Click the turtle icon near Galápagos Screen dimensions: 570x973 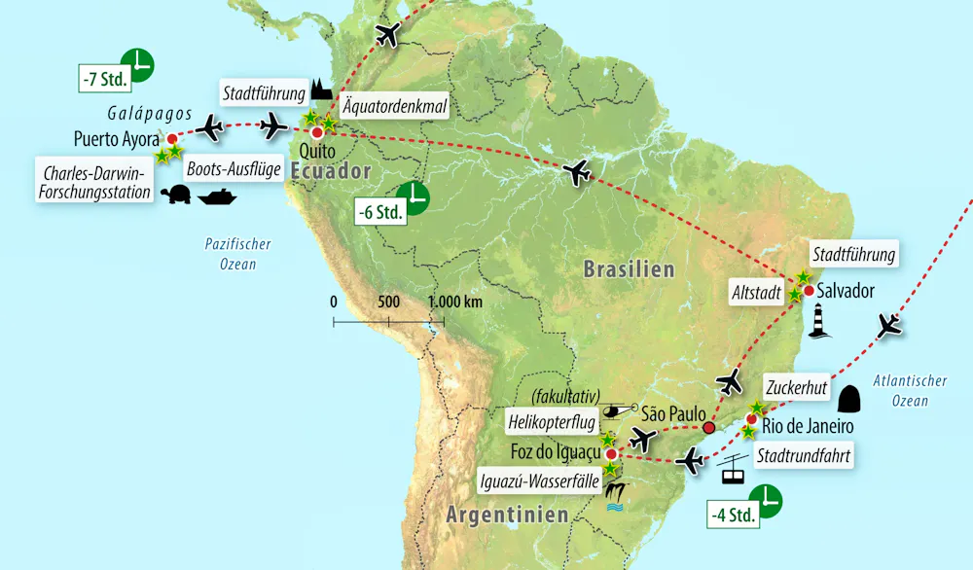[x=175, y=196]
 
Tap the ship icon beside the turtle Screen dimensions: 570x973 [x=217, y=196]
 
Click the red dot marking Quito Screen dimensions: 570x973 [x=316, y=131]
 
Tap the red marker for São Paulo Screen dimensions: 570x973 [x=708, y=427]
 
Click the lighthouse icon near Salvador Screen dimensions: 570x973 [x=818, y=322]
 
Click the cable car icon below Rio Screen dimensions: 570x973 [x=733, y=474]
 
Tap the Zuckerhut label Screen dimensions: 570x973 [x=796, y=388]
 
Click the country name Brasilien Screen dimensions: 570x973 [x=628, y=269]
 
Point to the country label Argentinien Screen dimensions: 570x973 [x=507, y=515]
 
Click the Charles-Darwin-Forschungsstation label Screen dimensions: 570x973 [x=96, y=184]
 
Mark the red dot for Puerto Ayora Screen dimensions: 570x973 [x=171, y=139]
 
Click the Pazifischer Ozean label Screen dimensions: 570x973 [x=238, y=254]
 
